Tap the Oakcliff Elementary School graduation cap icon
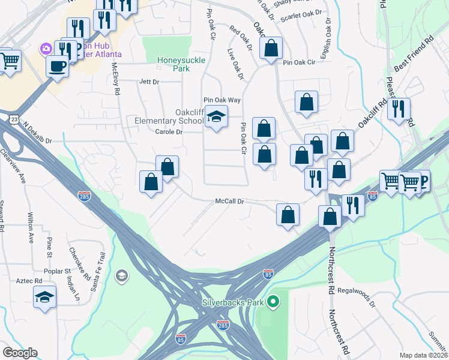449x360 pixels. pos(216,116)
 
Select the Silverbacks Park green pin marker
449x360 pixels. pos(274,301)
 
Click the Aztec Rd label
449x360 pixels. pos(29,281)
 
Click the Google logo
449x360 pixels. pos(20,353)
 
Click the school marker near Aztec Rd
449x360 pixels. pos(44,297)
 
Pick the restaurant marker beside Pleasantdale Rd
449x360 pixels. pos(399,109)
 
